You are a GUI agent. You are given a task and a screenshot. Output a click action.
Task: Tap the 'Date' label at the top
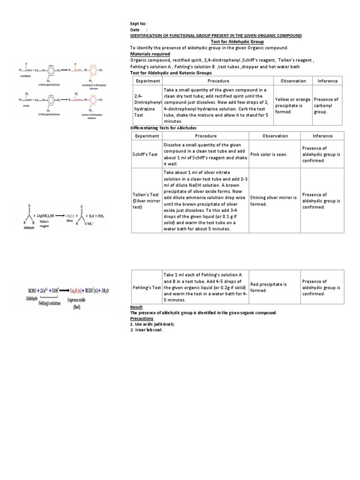coord(135,30)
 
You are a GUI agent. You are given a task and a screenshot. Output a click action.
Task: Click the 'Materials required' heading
coord(150,54)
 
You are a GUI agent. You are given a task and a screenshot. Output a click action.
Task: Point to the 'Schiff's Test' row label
coord(146,154)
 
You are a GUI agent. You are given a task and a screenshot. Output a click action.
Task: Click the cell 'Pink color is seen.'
coord(269,154)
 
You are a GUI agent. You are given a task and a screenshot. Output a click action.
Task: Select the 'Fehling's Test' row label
coord(146,287)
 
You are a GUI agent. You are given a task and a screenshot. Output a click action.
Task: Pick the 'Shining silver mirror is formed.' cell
coord(273,201)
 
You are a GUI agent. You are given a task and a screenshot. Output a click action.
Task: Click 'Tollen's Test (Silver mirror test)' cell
coord(146,201)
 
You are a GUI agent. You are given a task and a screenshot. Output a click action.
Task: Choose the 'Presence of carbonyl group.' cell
coord(326,105)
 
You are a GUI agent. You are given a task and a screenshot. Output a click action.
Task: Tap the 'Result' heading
coord(135,307)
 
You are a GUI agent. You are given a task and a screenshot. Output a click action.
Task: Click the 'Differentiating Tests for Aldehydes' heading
coord(163,128)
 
